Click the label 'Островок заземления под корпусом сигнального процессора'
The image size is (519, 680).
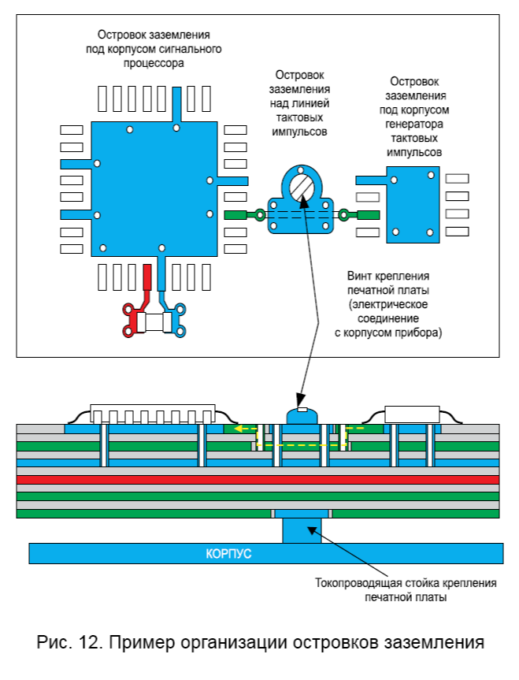click(154, 49)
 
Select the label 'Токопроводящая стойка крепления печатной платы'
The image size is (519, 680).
click(405, 590)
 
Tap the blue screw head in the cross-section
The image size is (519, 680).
click(301, 415)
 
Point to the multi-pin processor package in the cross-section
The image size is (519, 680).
click(153, 414)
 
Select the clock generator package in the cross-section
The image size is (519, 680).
click(410, 414)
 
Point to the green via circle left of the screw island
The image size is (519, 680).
click(258, 214)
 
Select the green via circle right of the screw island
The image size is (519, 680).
click(343, 214)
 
